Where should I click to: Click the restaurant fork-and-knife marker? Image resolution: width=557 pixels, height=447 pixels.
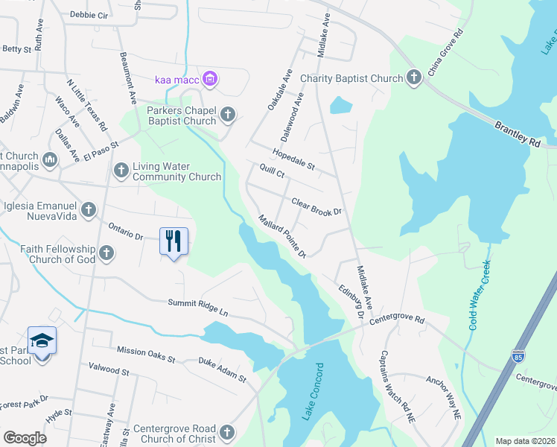[174, 241]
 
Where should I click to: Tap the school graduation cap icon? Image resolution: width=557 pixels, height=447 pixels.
[42, 340]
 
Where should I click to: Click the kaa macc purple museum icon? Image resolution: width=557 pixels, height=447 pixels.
[210, 79]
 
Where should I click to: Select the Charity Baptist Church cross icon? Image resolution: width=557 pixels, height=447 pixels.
[413, 77]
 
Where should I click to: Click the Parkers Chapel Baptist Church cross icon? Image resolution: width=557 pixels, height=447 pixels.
[228, 114]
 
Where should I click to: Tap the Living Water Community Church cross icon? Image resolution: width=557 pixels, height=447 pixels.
[121, 171]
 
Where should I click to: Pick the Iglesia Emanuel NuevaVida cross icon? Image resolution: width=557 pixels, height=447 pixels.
[89, 209]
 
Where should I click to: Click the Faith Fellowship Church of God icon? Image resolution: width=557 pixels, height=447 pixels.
[106, 253]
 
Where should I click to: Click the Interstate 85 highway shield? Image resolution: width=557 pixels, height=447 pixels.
[518, 356]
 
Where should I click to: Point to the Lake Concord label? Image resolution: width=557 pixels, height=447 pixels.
[312, 392]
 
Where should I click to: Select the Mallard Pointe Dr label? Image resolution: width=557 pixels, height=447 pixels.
[282, 236]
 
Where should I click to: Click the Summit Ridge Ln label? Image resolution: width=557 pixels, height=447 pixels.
[197, 308]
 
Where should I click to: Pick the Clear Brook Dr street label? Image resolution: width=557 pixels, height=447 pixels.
[316, 206]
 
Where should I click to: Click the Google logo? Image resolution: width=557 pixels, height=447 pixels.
[25, 438]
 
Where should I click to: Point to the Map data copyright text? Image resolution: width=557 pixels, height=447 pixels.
[525, 441]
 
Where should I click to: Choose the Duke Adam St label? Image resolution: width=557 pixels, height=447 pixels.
[222, 369]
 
